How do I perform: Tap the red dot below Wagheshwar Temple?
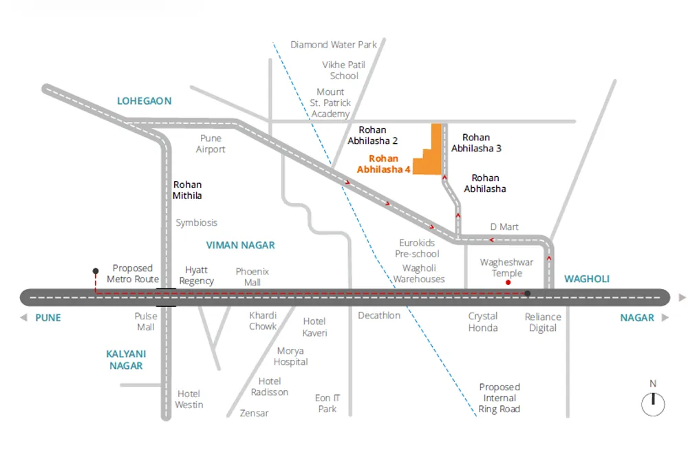point(508,282)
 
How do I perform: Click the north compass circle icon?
point(653,404)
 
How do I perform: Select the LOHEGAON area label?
point(144,101)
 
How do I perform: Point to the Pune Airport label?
point(211,144)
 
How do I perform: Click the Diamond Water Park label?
point(334,45)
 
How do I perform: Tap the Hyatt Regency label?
point(197,275)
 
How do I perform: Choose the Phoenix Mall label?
point(252,277)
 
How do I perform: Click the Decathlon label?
point(379,315)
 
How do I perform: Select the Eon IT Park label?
point(327,403)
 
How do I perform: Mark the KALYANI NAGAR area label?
point(126,359)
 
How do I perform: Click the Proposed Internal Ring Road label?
point(499,398)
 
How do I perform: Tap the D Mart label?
point(504,227)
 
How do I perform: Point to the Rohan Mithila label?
point(187,190)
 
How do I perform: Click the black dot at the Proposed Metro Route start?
point(96,271)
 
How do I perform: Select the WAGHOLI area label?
point(587,279)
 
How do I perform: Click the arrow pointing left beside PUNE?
point(23,318)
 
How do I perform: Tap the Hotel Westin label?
point(189,399)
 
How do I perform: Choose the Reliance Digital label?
point(543,322)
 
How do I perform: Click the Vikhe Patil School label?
point(343,70)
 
